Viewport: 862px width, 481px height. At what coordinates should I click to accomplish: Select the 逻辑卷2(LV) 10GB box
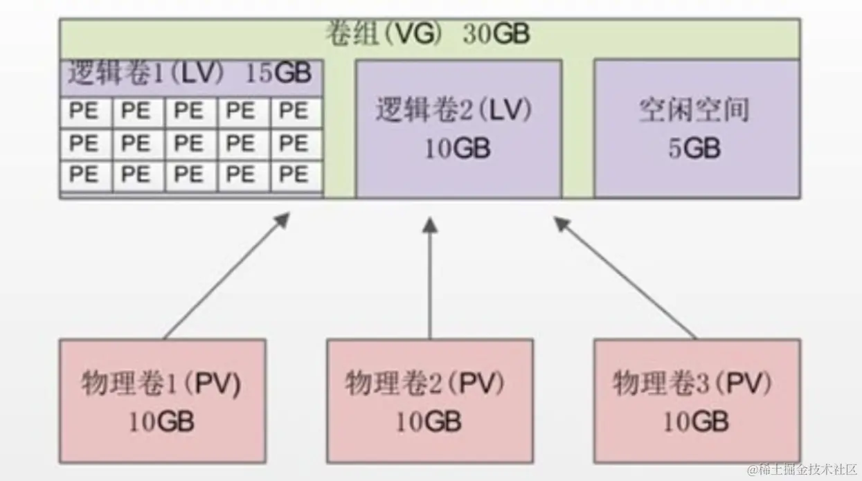458,129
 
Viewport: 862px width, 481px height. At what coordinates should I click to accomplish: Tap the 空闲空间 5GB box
696,129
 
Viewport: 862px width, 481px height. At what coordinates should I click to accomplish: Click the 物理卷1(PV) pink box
162,400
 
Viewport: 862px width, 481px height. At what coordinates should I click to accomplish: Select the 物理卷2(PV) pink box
429,400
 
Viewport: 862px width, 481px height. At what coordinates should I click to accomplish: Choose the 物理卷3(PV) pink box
697,400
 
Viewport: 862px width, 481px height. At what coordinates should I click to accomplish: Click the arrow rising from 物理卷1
225,277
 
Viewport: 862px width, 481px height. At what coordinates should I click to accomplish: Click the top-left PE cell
85,111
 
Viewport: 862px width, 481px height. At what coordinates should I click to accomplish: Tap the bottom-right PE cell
296,175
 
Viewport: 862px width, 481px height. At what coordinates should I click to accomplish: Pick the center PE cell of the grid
190,143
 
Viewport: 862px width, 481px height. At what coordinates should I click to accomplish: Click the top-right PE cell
296,111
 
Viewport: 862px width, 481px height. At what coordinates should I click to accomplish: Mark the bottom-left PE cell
85,175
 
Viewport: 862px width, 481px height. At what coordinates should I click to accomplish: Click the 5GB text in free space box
694,148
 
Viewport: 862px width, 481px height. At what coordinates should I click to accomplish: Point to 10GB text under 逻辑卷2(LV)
457,148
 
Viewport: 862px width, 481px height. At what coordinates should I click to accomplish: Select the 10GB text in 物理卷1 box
161,421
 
